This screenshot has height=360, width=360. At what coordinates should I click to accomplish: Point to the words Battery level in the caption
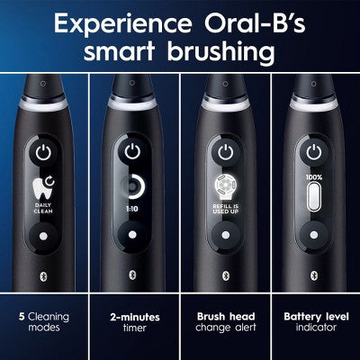tap(313, 317)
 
